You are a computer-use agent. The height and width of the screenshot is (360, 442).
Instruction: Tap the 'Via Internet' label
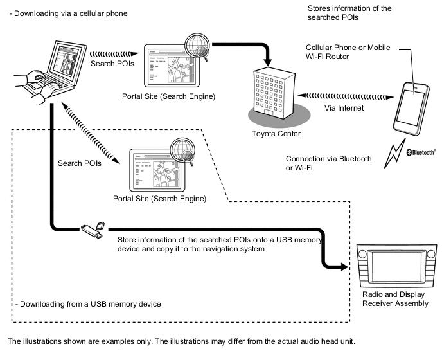[x=344, y=108]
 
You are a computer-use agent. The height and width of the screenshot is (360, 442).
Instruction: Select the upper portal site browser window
[x=169, y=66]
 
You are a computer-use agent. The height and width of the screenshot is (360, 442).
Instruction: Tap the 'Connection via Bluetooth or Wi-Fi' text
[x=328, y=163]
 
